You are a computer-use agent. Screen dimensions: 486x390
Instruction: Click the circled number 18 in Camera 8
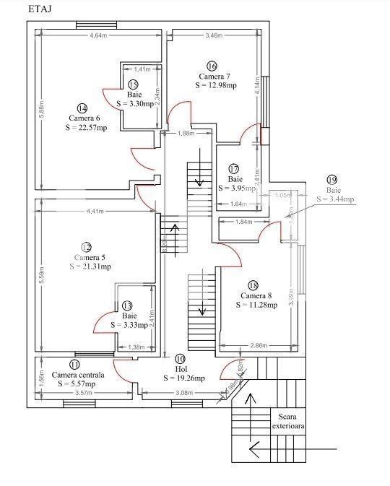253,285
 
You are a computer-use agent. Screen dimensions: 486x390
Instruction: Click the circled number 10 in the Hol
180,358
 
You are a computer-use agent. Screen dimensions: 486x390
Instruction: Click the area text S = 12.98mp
216,85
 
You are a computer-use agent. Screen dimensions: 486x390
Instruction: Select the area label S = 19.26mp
183,378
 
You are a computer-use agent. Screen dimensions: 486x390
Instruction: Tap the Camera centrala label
78,376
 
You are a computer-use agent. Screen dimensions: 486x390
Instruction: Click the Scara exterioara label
289,421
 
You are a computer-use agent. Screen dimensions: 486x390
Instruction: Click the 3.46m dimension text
213,35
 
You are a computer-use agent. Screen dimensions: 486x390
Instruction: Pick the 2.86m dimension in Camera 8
259,346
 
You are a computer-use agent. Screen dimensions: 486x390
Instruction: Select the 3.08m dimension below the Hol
185,393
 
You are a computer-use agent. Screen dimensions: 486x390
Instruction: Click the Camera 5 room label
90,257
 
